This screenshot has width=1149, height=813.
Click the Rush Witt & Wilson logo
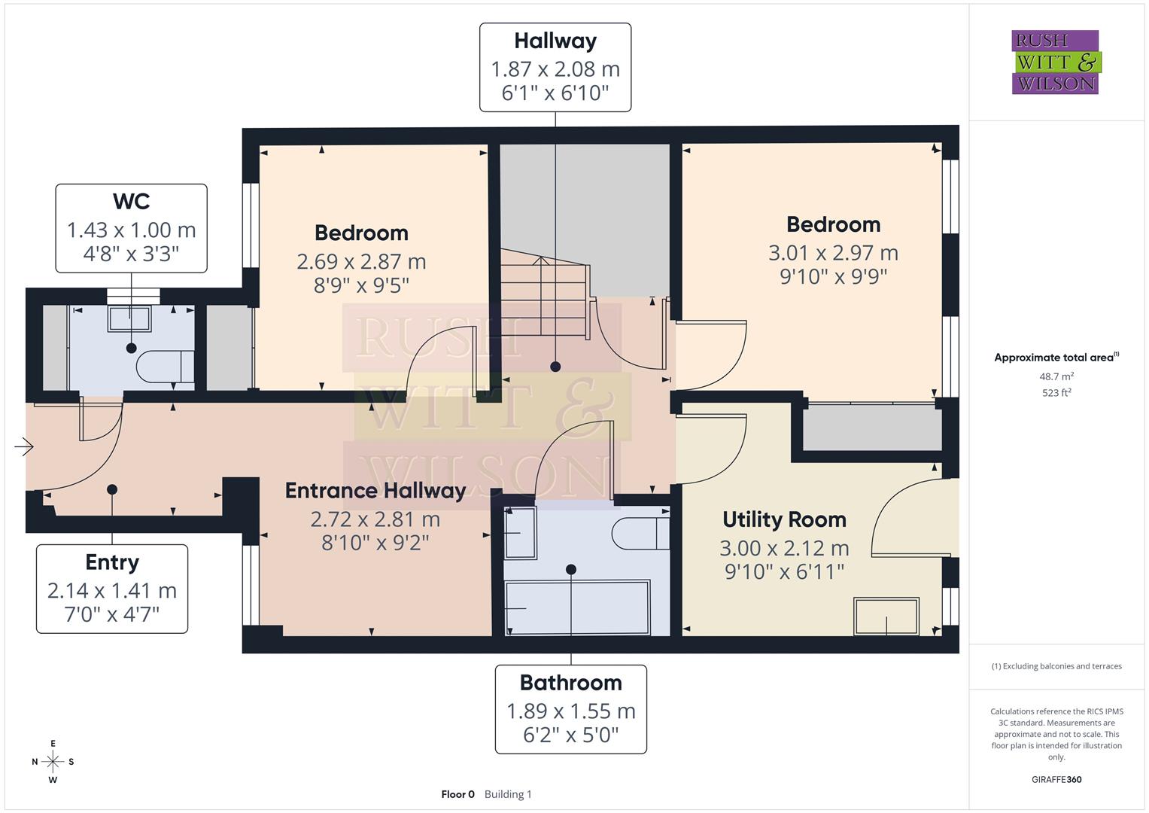pyautogui.click(x=1055, y=62)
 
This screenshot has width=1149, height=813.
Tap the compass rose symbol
pyautogui.click(x=53, y=761)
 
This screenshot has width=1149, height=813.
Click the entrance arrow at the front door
pyautogui.click(x=24, y=447)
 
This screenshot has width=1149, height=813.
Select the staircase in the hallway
pyautogui.click(x=543, y=298)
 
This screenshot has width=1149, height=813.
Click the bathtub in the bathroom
pyautogui.click(x=577, y=607)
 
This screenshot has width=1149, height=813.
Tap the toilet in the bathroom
pyautogui.click(x=640, y=534)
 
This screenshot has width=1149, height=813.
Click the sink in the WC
pyautogui.click(x=129, y=318)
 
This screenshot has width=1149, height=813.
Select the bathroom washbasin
pyautogui.click(x=520, y=533)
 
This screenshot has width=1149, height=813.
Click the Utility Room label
pyautogui.click(x=784, y=519)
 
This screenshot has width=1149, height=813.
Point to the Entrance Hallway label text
pyautogui.click(x=375, y=491)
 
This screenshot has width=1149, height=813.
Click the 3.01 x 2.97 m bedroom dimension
pyautogui.click(x=833, y=253)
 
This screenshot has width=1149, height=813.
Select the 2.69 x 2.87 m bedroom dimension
pyautogui.click(x=361, y=262)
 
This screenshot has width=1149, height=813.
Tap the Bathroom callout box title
pyautogui.click(x=570, y=683)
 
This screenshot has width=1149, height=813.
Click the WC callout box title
pyautogui.click(x=131, y=202)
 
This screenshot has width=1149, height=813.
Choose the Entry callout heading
pyautogui.click(x=112, y=562)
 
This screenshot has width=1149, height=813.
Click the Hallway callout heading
pyautogui.click(x=555, y=41)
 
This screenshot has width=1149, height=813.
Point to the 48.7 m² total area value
pyautogui.click(x=1056, y=376)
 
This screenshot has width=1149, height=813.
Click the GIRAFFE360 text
pyautogui.click(x=1056, y=779)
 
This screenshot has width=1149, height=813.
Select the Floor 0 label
pyautogui.click(x=457, y=794)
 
